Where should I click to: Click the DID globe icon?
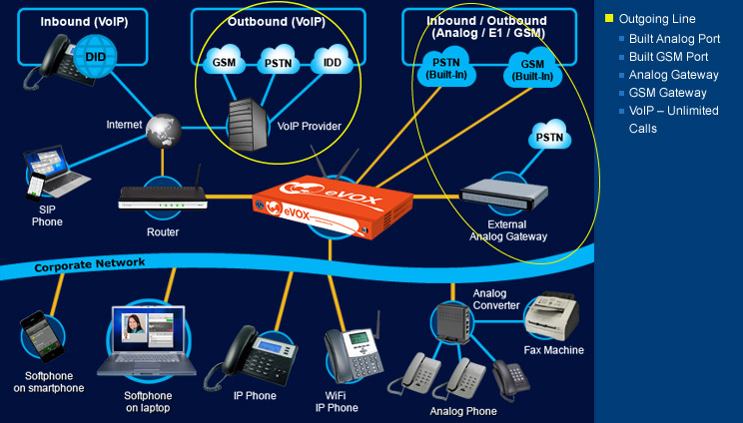(x=95, y=56)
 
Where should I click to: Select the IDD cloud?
(x=332, y=61)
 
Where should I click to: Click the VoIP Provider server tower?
(x=249, y=124)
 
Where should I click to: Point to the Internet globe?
(x=164, y=131)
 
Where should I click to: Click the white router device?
(x=163, y=197)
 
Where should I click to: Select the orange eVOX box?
(x=333, y=206)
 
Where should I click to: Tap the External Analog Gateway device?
(x=503, y=194)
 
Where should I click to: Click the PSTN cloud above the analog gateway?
(x=549, y=135)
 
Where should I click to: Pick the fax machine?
(x=551, y=315)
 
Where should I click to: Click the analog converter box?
(x=453, y=323)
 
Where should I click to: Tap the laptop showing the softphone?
(x=147, y=340)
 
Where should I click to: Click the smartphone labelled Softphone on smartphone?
(x=42, y=336)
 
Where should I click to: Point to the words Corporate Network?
(x=90, y=265)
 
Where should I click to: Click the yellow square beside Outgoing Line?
(x=609, y=18)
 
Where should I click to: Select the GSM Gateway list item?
(x=668, y=93)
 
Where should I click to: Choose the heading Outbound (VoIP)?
(x=277, y=21)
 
